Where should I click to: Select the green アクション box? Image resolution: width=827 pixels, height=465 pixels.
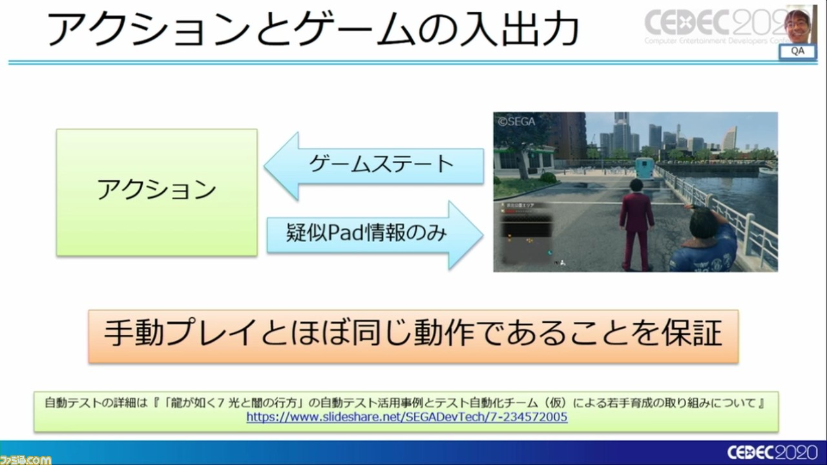tap(156, 191)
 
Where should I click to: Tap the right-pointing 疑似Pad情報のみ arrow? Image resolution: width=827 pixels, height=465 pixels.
tap(375, 234)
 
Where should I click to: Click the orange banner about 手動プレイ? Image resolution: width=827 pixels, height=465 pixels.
tap(413, 336)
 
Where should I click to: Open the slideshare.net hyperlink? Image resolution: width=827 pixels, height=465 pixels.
tap(406, 417)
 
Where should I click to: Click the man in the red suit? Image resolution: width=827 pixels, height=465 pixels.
tap(636, 223)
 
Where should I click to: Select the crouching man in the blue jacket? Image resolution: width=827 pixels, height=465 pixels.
tap(704, 239)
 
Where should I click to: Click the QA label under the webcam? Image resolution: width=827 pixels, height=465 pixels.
tap(797, 52)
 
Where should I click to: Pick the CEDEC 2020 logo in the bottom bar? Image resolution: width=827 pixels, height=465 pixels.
tap(772, 452)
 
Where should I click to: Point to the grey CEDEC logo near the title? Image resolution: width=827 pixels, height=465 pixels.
tap(711, 23)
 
